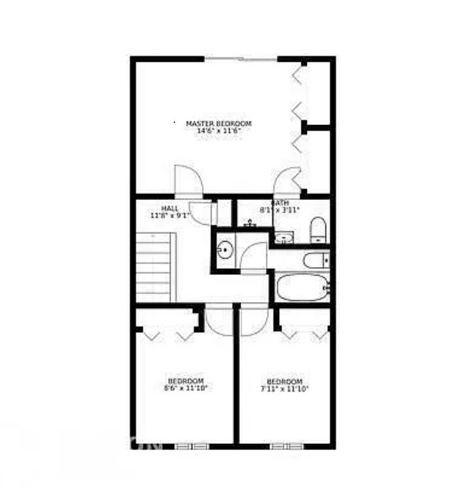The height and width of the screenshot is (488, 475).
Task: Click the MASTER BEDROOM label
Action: pos(219,124)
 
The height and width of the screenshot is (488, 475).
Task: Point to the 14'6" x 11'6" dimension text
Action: pos(219,131)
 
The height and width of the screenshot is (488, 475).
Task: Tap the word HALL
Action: pos(170,208)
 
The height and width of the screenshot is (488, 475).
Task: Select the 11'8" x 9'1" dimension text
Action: pos(170,216)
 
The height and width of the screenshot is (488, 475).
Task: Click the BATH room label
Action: pos(279,202)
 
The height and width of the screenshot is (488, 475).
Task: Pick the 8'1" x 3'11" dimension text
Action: pos(279,210)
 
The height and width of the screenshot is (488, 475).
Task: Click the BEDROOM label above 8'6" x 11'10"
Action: pos(186,381)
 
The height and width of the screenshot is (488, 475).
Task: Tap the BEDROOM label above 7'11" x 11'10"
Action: pos(285,381)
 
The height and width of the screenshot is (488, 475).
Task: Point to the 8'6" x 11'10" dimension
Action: pos(186,388)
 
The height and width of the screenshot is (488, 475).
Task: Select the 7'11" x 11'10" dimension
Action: pos(285,388)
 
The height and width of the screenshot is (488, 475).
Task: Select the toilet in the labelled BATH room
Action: pos(318,229)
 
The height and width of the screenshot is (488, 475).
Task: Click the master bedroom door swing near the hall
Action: pos(188,181)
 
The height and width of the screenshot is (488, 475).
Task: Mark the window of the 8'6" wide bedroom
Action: pos(185,446)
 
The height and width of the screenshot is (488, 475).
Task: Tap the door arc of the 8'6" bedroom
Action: pos(220,320)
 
